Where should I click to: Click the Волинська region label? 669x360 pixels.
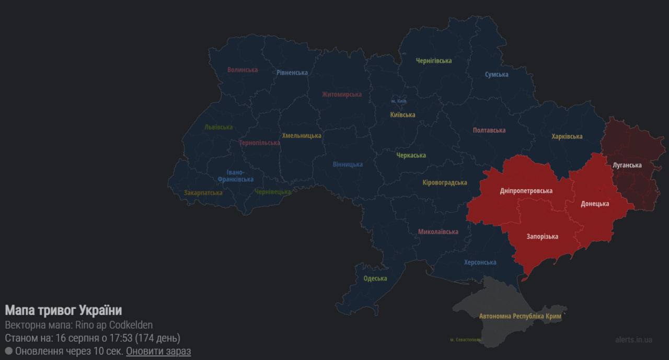tap(243, 69)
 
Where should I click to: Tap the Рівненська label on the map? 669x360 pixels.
tap(292, 73)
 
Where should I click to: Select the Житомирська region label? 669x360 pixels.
tap(342, 95)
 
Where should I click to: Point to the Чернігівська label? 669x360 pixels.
tap(434, 61)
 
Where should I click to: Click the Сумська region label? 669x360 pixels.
tap(497, 74)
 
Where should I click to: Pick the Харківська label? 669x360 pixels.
tap(567, 136)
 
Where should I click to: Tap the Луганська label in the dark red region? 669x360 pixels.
tap(627, 165)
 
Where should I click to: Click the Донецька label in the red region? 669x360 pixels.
tap(595, 204)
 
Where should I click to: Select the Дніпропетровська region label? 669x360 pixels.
tap(526, 191)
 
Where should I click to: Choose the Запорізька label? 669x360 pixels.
tap(542, 237)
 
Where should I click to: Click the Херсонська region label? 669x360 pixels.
tap(480, 262)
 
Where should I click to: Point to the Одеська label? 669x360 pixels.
tap(375, 278)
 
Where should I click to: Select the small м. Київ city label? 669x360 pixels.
tap(398, 101)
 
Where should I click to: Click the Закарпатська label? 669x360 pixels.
tap(203, 193)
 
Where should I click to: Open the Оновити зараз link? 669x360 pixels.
tap(158, 351)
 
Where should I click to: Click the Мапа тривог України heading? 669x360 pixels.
tap(63, 310)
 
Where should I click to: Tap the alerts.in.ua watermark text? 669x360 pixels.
tap(633, 340)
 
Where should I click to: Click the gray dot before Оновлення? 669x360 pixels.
tap(8, 351)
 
